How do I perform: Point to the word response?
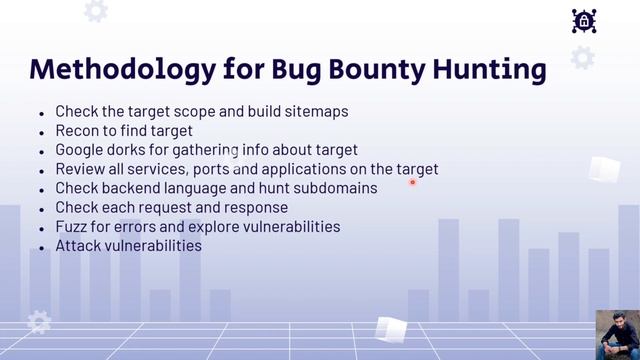[253, 207]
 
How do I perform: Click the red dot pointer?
[412, 182]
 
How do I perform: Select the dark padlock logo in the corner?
[584, 21]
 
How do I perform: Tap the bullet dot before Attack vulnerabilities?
[41, 247]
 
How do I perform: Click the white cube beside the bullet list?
[603, 170]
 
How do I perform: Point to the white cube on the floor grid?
[389, 329]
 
